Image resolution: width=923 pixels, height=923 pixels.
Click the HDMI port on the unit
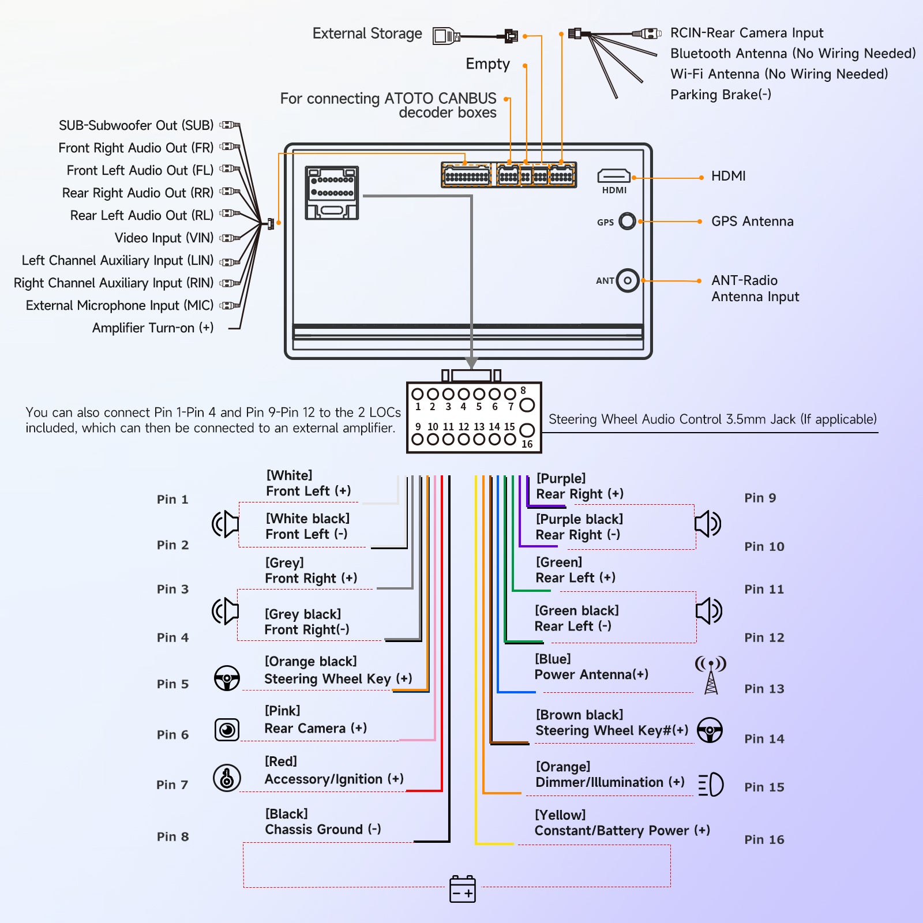coord(614,175)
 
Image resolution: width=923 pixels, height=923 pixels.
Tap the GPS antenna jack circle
coord(627,221)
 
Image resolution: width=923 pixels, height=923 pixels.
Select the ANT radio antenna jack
coord(628,280)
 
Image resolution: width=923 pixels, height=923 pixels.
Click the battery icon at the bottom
coord(463,889)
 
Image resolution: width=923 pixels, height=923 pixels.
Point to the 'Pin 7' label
coord(172,785)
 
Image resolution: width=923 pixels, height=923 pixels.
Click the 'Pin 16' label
coord(764,839)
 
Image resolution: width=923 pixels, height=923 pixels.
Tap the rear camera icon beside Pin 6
coord(227,730)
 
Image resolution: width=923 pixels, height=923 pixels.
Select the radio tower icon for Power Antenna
coord(711,674)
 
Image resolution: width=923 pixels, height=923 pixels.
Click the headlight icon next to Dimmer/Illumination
coord(711,785)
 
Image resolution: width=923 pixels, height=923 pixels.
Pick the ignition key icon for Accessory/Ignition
coord(227,778)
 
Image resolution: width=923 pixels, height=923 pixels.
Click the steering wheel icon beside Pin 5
coord(227,678)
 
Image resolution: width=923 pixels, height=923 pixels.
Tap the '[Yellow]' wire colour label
coord(560,815)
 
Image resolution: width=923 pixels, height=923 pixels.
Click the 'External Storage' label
coord(367,33)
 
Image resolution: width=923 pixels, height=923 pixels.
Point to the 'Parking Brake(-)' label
coord(721,95)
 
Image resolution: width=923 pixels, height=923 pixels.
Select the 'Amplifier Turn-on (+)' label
coord(153,328)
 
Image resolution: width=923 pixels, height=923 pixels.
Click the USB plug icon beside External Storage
coord(446,36)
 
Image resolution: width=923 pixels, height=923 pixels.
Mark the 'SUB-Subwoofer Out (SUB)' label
coord(136,125)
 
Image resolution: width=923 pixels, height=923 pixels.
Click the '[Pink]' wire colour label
coord(282,710)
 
